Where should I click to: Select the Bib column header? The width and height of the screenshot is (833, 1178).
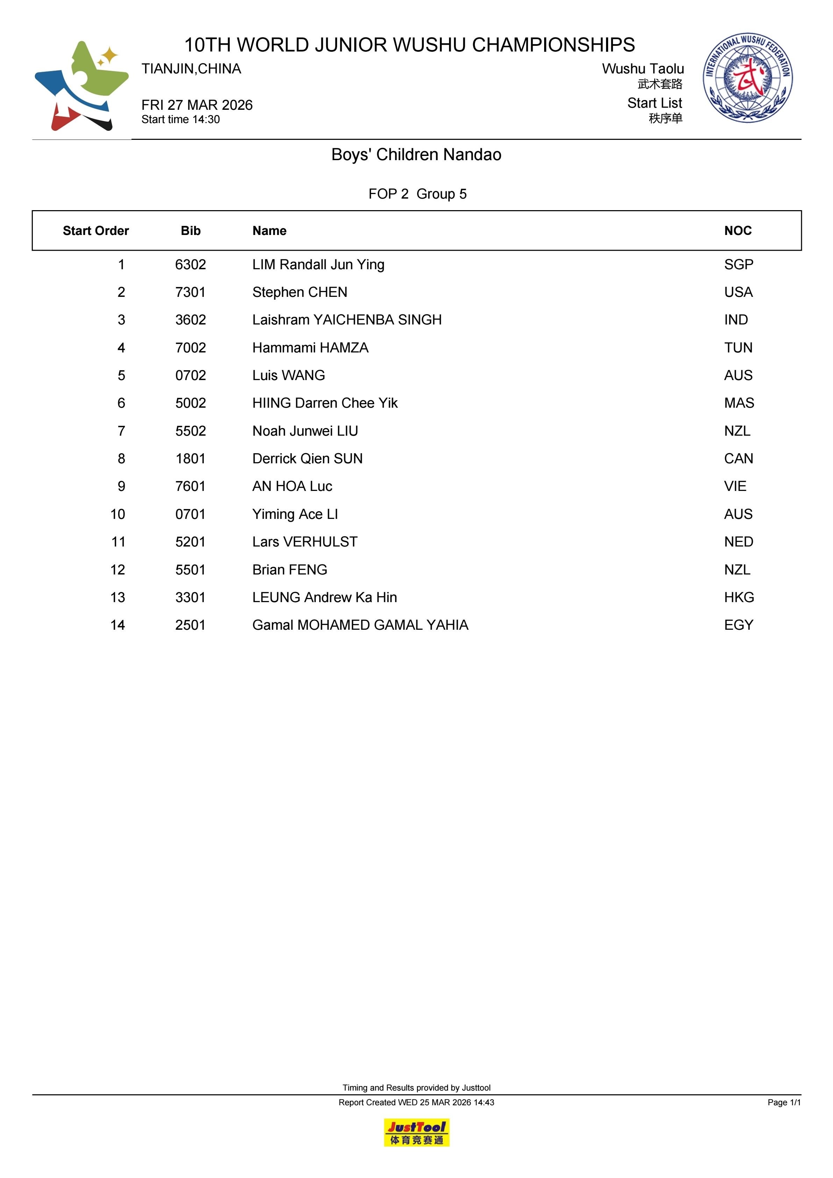pyautogui.click(x=190, y=231)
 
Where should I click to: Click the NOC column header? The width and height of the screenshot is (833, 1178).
pyautogui.click(x=738, y=231)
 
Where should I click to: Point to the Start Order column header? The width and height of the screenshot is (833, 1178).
pyautogui.click(x=95, y=231)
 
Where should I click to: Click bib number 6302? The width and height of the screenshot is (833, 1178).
pyautogui.click(x=190, y=265)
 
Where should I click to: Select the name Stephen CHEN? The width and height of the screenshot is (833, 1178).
pyautogui.click(x=300, y=292)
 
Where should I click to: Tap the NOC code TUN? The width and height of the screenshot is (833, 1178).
pyautogui.click(x=738, y=348)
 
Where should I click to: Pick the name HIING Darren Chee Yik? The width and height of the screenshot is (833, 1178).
pyautogui.click(x=325, y=403)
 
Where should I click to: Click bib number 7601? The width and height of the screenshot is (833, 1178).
pyautogui.click(x=190, y=486)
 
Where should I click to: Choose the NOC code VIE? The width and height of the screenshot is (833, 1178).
pyautogui.click(x=735, y=486)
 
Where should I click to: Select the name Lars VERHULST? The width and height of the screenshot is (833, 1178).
pyautogui.click(x=305, y=542)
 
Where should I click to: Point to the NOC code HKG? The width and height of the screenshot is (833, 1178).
pyautogui.click(x=739, y=597)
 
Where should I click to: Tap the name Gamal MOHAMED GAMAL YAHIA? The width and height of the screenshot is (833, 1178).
pyautogui.click(x=360, y=625)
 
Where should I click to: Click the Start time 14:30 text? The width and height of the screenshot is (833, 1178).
pyautogui.click(x=181, y=120)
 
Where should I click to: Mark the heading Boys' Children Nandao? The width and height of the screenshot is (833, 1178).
pyautogui.click(x=416, y=155)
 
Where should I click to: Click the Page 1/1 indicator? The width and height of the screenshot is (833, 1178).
pyautogui.click(x=784, y=1102)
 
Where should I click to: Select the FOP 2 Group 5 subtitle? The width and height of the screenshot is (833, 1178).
pyautogui.click(x=417, y=194)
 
